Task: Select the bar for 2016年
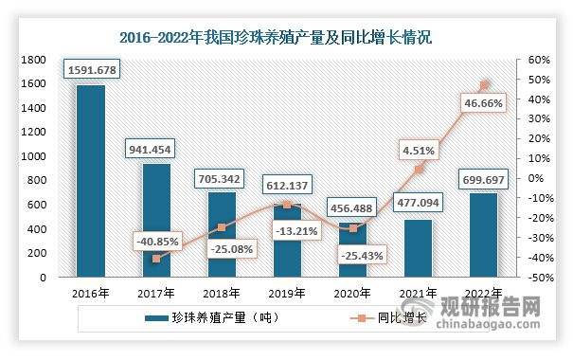[91, 181]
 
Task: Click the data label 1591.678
[92, 70]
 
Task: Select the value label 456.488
[353, 207]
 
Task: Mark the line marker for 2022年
[485, 85]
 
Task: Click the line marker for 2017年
[157, 259]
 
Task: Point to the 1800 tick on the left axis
[33, 59]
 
